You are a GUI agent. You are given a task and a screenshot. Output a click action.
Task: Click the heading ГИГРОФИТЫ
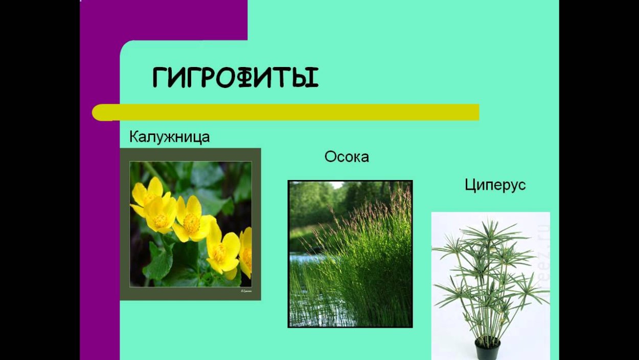tap(235, 78)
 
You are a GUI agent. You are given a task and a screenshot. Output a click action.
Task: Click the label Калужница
tap(169, 137)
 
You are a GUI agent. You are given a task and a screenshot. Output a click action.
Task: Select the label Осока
tap(346, 156)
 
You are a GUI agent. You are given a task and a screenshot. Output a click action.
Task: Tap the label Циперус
tap(495, 185)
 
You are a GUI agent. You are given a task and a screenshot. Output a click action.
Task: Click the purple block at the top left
tap(164, 19)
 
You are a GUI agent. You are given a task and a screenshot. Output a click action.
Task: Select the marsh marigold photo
tap(190, 224)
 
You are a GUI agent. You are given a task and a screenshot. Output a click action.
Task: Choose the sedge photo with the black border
tap(350, 254)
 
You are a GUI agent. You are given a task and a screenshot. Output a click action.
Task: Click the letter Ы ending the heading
tap(305, 78)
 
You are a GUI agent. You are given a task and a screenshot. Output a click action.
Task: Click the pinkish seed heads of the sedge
tap(378, 205)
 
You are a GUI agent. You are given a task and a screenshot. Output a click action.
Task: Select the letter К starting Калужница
tap(134, 137)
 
